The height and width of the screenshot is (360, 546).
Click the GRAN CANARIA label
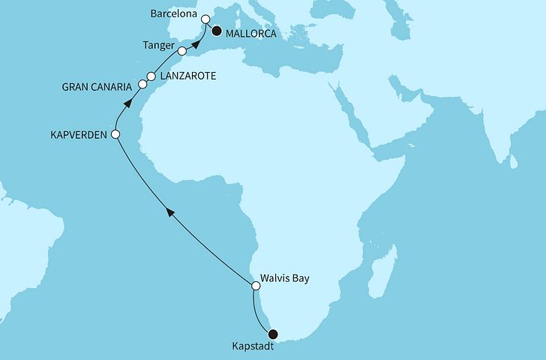(97, 88)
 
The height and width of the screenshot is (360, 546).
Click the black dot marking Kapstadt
(274, 334)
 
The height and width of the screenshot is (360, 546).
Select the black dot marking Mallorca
(217, 31)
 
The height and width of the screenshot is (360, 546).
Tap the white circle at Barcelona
(205, 19)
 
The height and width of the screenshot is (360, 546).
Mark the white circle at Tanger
(182, 51)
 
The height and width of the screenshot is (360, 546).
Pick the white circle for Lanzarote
(151, 76)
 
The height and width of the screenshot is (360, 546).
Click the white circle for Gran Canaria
(142, 87)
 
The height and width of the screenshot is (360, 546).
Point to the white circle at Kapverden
(115, 135)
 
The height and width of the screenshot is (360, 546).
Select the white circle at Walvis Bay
(255, 285)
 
